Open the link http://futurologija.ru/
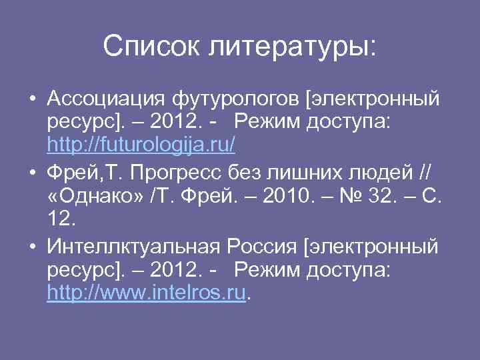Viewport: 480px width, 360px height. (141, 144)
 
